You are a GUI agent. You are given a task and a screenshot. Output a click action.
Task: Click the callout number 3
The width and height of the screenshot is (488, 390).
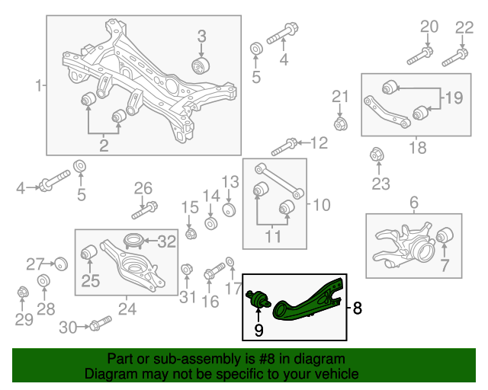pyautogui.click(x=202, y=35)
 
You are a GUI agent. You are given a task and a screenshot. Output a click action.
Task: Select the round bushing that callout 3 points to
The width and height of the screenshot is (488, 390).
pyautogui.click(x=202, y=64)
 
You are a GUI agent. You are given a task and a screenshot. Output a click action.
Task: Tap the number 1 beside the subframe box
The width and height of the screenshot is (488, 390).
pyautogui.click(x=39, y=86)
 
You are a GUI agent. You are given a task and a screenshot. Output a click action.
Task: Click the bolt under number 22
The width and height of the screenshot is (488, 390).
pyautogui.click(x=454, y=55)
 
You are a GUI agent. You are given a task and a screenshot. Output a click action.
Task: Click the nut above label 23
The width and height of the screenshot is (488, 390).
pyautogui.click(x=376, y=155)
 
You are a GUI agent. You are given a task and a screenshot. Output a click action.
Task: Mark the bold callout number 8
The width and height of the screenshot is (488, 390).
pyautogui.click(x=358, y=308)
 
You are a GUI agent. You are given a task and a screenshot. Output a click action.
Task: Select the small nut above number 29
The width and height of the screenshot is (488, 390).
pyautogui.click(x=23, y=292)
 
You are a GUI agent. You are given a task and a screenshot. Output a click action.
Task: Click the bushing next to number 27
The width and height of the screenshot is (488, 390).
pyautogui.click(x=62, y=264)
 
